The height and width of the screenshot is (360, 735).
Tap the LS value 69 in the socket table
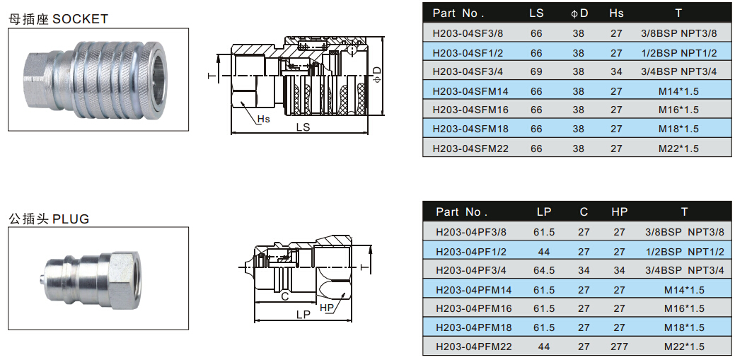[x=536, y=71]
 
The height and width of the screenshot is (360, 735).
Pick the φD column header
[x=579, y=13]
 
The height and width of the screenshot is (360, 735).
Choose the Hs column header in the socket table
[x=616, y=13]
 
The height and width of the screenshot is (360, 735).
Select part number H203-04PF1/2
[x=470, y=251]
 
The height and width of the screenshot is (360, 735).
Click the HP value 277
[x=620, y=347]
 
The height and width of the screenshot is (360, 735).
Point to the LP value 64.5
[x=543, y=270]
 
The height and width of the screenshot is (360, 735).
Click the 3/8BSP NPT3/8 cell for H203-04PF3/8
[x=684, y=232]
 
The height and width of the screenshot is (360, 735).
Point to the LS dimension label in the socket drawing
[x=303, y=127]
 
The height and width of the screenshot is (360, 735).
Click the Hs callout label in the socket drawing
[x=262, y=119]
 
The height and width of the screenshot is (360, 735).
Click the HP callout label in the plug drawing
[x=326, y=308]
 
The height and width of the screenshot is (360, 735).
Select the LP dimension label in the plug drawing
[x=303, y=313]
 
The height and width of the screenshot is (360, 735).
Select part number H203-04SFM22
[x=470, y=148]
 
